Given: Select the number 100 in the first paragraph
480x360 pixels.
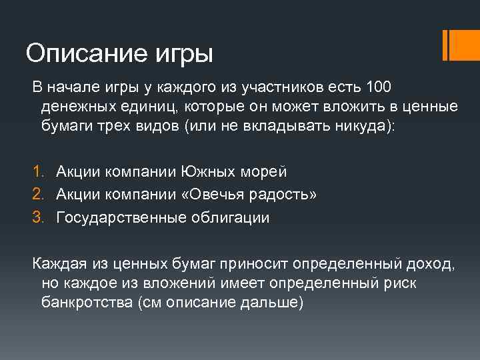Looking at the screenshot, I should [379, 87].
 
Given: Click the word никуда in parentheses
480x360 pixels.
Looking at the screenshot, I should [364, 127].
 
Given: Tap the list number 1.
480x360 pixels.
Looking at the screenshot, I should [37, 172].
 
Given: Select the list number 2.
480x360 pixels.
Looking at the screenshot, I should [37, 195].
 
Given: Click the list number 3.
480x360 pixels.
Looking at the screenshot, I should [37, 217].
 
